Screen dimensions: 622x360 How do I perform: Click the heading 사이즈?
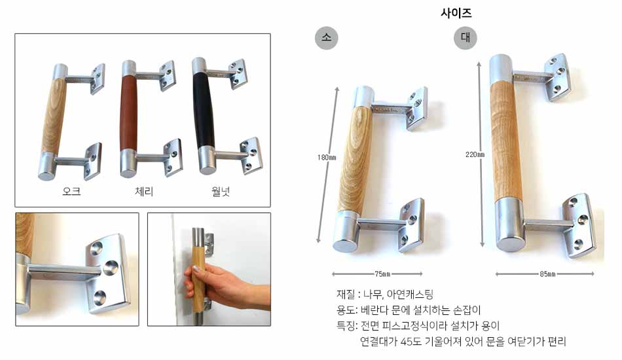[x=456, y=13]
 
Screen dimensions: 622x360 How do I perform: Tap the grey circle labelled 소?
[x=326, y=38]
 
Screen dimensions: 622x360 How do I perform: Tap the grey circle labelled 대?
[x=466, y=38]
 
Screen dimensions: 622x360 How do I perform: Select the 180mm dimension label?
[x=327, y=157]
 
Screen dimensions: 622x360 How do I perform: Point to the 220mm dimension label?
[x=475, y=154]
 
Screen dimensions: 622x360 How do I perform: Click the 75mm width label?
[x=382, y=274]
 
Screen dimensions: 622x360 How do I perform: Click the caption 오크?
[x=71, y=192]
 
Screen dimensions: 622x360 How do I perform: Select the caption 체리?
[x=144, y=192]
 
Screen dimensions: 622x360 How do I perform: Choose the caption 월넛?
[x=221, y=192]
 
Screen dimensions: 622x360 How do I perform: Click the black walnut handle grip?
[x=205, y=110]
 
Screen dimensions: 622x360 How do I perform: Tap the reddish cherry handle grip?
[x=128, y=113]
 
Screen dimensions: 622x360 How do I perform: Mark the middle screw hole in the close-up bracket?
[x=111, y=268]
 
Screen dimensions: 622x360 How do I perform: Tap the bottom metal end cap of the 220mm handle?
[x=511, y=225]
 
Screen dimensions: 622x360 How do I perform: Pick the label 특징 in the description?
[x=346, y=326]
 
